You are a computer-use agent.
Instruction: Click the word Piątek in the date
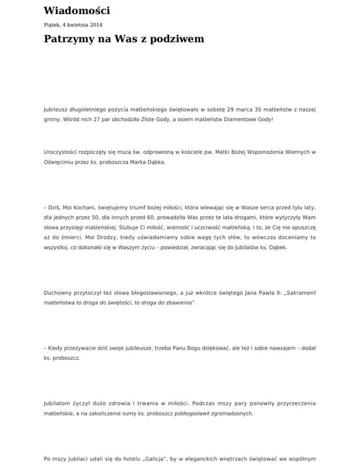coord(52,24)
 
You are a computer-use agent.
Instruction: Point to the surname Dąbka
coord(154,165)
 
